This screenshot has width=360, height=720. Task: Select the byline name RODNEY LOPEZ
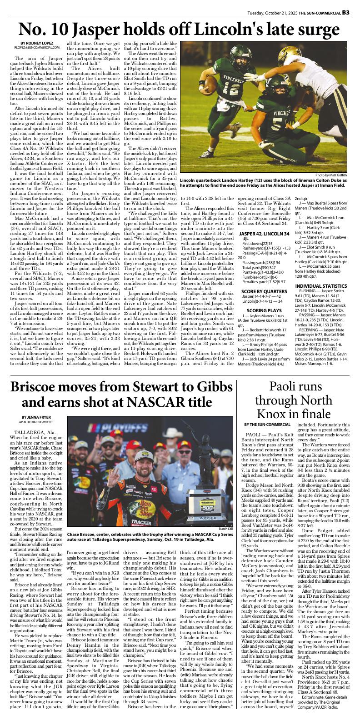(x=39, y=43)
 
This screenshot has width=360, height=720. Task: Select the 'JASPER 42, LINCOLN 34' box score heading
(x=264, y=234)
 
